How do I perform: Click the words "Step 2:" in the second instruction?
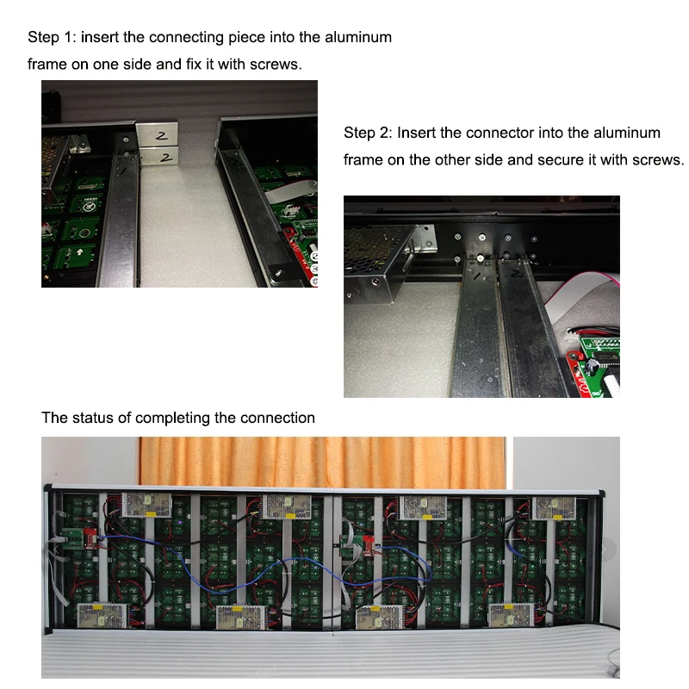click(368, 133)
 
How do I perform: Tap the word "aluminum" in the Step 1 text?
click(354, 38)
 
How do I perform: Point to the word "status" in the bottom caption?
click(97, 418)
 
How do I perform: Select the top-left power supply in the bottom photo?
click(146, 504)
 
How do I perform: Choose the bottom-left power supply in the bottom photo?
click(102, 617)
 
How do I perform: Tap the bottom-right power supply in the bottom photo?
click(512, 615)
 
